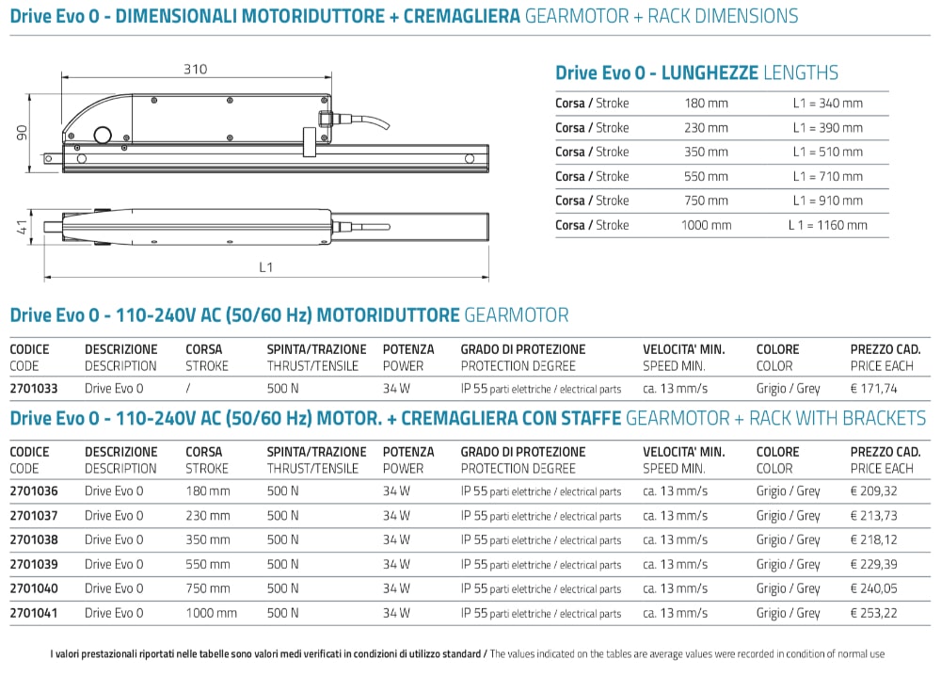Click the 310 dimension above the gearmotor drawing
click(195, 69)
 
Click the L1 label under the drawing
click(266, 267)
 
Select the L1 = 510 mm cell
click(827, 152)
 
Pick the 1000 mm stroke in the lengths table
click(706, 225)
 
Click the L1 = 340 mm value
click(827, 103)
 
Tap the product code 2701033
click(33, 388)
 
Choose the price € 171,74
click(874, 388)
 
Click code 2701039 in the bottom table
click(33, 564)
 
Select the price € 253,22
click(874, 613)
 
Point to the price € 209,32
click(874, 491)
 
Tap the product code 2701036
click(33, 491)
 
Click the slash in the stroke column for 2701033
click(188, 388)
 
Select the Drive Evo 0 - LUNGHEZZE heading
click(696, 72)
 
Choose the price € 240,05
click(874, 588)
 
